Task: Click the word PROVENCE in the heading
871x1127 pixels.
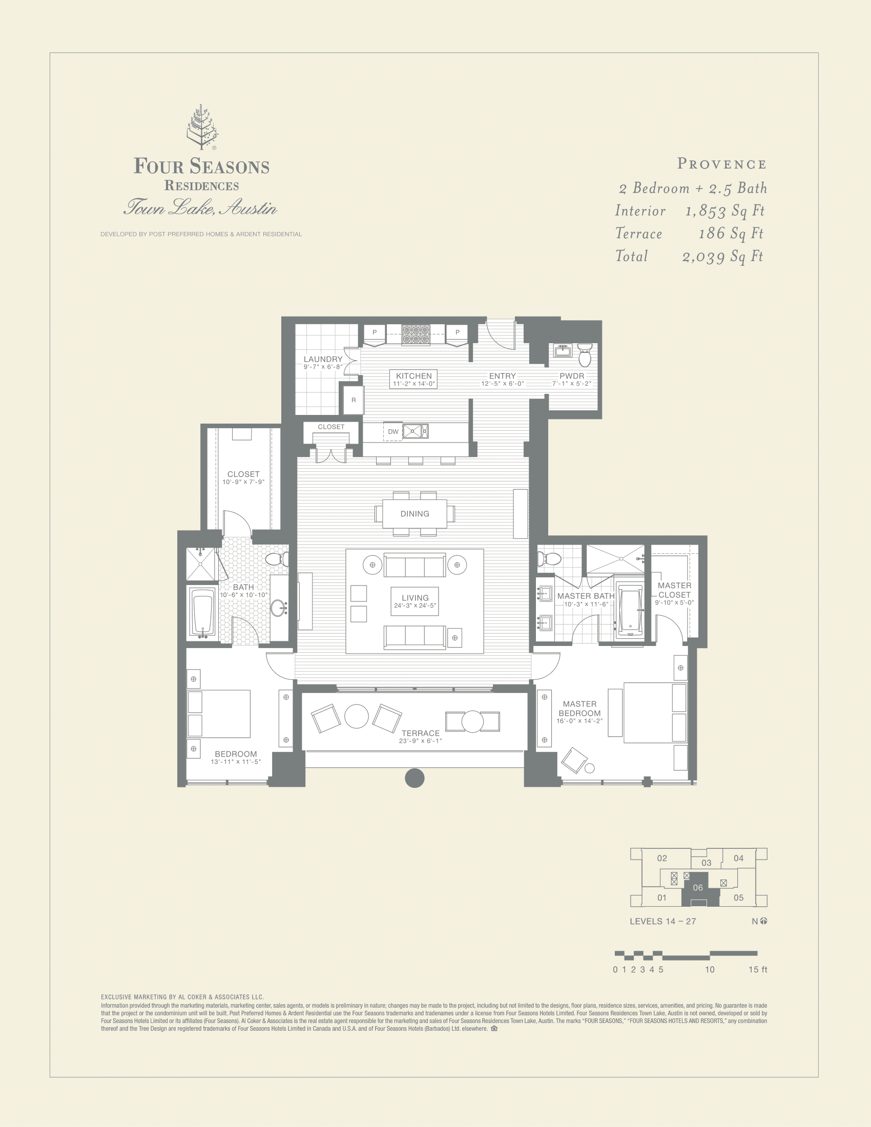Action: coord(721,164)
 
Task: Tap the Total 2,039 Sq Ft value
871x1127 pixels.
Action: coord(722,257)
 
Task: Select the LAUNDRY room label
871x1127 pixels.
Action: coord(323,359)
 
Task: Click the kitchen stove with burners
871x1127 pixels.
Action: coord(416,335)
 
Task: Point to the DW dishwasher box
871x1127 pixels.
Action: coord(393,431)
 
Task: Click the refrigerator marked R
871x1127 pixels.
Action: coord(354,400)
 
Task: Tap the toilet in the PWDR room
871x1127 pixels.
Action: coord(585,355)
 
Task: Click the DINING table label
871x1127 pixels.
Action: coord(414,513)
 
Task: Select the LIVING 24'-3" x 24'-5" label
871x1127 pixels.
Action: coord(415,601)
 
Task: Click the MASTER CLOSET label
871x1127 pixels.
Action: coord(674,590)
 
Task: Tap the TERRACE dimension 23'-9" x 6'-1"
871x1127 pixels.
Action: coord(420,741)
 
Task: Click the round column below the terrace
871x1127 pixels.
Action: coord(414,778)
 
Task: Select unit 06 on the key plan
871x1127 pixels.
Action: coord(698,888)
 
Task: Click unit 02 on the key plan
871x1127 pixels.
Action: coord(662,858)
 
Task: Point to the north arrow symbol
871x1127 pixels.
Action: coord(764,921)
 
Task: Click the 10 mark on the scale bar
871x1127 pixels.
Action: coord(710,970)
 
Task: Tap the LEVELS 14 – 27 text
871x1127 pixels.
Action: coord(662,921)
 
